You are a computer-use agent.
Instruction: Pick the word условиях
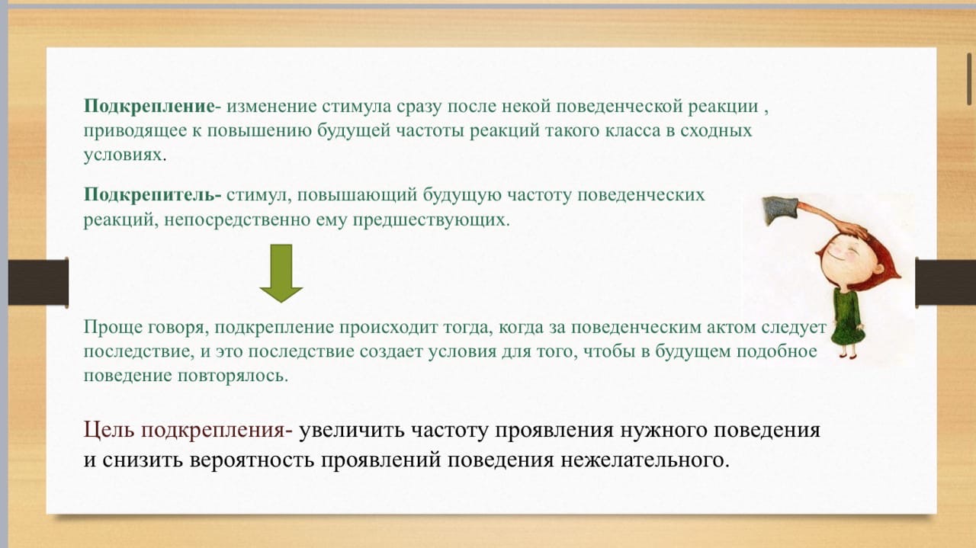123,154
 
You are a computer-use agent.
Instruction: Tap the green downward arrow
281,273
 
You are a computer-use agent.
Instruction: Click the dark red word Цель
107,431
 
